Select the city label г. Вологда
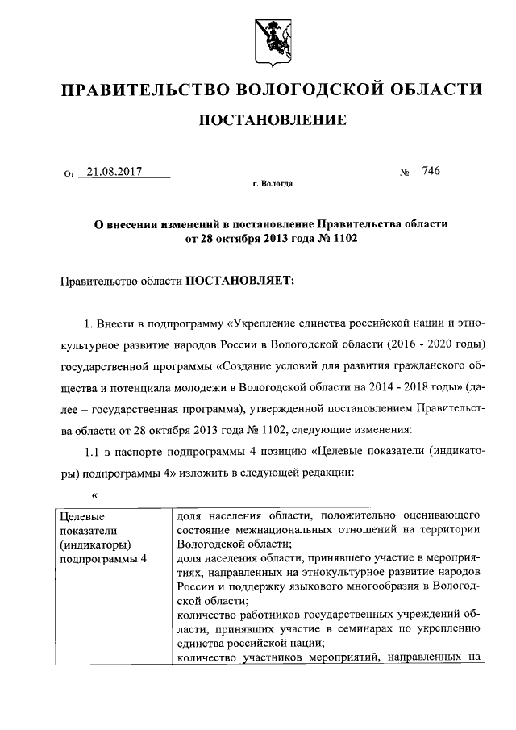(x=273, y=184)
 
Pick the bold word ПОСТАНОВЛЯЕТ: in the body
(x=241, y=280)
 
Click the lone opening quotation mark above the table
(x=94, y=494)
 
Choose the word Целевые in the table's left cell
(x=83, y=515)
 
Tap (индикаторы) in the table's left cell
(x=95, y=544)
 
